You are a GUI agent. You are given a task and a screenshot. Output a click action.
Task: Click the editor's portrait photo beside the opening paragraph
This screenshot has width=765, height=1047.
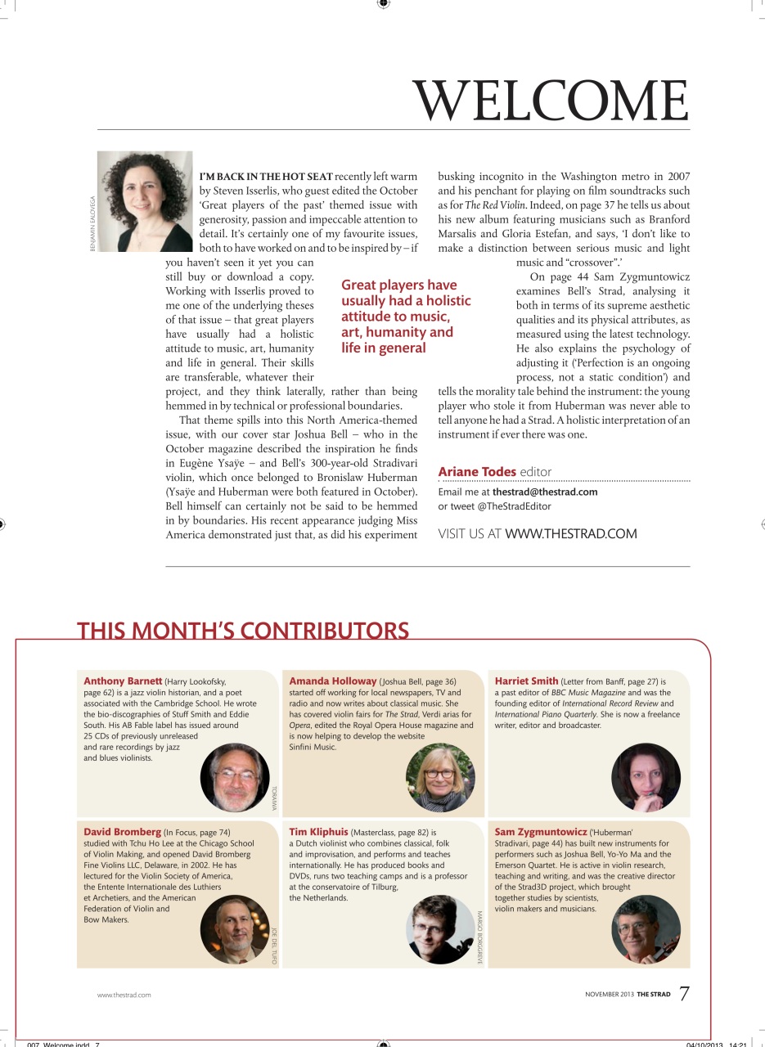pyautogui.click(x=145, y=201)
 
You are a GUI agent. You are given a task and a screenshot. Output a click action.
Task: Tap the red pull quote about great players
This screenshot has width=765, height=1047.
pyautogui.click(x=406, y=317)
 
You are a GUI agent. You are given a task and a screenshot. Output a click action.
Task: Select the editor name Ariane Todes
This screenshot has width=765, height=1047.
pyautogui.click(x=477, y=472)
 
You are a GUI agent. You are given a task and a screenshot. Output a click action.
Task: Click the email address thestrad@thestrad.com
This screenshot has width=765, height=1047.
pyautogui.click(x=545, y=492)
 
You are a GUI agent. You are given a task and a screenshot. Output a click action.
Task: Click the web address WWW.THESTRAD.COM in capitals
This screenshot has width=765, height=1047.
pyautogui.click(x=570, y=534)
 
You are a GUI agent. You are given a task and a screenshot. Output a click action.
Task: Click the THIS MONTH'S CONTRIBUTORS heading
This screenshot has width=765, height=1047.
pyautogui.click(x=243, y=631)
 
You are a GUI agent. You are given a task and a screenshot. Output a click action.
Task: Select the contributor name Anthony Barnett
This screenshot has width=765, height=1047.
pyautogui.click(x=123, y=681)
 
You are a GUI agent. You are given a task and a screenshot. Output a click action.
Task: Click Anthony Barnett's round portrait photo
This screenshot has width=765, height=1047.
pyautogui.click(x=234, y=777)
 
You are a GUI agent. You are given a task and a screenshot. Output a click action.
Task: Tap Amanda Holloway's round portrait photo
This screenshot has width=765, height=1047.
pyautogui.click(x=440, y=777)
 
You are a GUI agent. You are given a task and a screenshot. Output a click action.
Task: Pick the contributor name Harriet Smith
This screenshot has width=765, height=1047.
pyautogui.click(x=527, y=681)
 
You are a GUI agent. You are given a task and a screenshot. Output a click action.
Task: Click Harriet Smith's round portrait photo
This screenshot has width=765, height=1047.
pyautogui.click(x=646, y=777)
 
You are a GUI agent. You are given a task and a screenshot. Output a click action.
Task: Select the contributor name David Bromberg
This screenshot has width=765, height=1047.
pyautogui.click(x=123, y=832)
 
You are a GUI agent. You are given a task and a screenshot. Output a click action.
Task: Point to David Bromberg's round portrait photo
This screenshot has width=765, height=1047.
pyautogui.click(x=234, y=929)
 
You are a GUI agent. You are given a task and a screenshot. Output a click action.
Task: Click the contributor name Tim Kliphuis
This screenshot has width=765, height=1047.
pyautogui.click(x=318, y=832)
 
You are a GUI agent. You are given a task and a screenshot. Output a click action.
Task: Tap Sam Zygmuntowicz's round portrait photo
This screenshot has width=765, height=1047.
pyautogui.click(x=646, y=929)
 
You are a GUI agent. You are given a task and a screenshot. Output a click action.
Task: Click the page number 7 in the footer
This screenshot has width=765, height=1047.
pyautogui.click(x=684, y=994)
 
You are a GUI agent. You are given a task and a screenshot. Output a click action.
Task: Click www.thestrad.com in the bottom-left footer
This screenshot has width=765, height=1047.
pyautogui.click(x=124, y=995)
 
